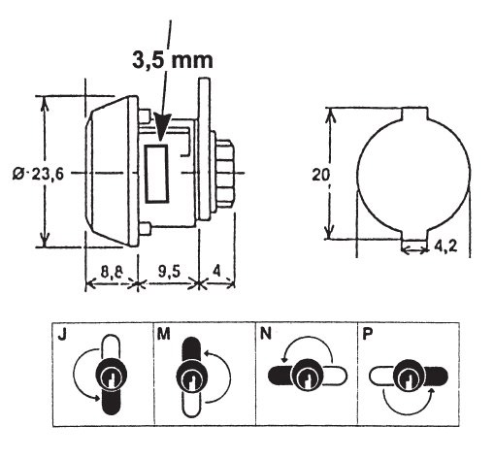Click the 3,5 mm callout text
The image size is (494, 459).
point(173,60)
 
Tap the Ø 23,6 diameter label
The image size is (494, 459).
point(38,175)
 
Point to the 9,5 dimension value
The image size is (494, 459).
point(169,272)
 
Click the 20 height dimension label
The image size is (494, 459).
point(320,175)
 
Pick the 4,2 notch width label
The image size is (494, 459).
point(445,246)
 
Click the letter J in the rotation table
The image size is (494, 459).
point(62,334)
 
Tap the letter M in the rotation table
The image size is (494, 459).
point(163,334)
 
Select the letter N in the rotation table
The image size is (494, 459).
point(266,334)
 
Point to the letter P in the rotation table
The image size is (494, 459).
point(367,334)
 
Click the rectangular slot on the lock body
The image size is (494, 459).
point(157,174)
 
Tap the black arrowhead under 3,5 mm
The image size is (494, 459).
point(162,127)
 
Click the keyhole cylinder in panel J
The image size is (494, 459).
point(112,376)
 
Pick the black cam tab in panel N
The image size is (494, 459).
point(280,376)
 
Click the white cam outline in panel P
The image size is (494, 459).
point(381,376)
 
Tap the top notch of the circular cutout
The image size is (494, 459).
point(414,114)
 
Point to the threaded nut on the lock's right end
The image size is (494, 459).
point(224,174)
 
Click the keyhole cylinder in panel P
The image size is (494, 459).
point(409,376)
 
